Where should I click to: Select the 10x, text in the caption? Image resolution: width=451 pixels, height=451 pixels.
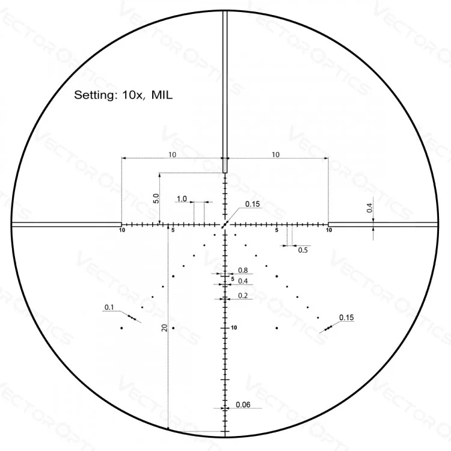[x=133, y=94]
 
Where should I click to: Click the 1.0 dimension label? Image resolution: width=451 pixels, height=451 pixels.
[x=182, y=198]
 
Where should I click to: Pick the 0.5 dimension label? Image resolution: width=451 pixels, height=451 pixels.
[x=303, y=250]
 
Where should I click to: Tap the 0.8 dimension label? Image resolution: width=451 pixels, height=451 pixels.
[x=243, y=271]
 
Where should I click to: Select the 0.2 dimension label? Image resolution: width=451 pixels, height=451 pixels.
[x=243, y=295]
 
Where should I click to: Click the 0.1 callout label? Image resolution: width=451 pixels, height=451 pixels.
[x=109, y=307]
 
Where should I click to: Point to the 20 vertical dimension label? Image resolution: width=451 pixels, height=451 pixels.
[x=164, y=328]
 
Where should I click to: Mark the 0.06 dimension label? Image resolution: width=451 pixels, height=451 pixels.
[x=243, y=404]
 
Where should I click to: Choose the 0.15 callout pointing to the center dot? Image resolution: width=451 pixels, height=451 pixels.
[x=253, y=204]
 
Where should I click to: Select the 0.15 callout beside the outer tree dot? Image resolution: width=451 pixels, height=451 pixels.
[x=346, y=317]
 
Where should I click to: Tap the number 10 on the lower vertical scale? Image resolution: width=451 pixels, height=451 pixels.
[x=235, y=328]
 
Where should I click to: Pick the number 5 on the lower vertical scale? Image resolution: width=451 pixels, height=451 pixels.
[x=233, y=278]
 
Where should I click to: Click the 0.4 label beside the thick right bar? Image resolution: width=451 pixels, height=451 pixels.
[x=369, y=208]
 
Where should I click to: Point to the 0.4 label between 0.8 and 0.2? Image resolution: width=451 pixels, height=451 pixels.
[x=243, y=281]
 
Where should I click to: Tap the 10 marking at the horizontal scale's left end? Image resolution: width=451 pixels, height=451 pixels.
[x=122, y=230]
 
